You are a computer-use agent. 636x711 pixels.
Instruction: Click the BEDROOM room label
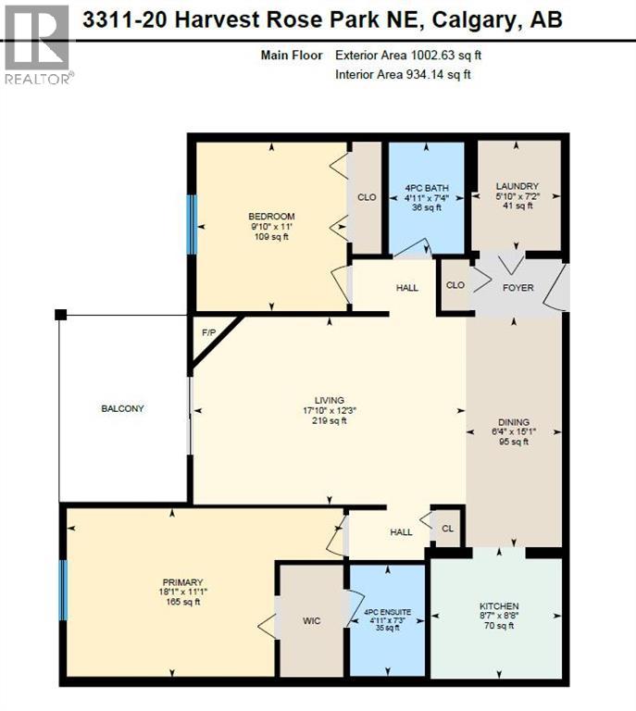coord(271,217)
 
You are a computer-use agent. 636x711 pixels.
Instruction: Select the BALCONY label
coord(123,408)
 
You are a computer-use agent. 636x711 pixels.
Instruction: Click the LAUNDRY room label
coord(517,186)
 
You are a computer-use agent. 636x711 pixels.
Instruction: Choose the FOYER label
coord(518,288)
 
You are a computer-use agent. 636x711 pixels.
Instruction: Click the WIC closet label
coord(312,620)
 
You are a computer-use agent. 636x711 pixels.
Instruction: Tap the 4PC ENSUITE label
coord(387,613)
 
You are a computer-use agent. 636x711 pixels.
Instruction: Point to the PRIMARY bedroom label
coord(181,582)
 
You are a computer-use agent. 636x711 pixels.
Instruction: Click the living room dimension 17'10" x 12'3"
coord(330,410)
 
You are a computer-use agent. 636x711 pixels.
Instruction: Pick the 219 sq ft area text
coord(330,420)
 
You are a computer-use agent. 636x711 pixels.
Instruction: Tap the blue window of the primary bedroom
coord(64,590)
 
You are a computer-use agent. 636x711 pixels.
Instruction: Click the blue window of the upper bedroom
coord(193,224)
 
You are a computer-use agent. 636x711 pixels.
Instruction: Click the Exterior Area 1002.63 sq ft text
coord(408,56)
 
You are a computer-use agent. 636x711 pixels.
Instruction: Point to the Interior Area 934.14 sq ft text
coord(404,74)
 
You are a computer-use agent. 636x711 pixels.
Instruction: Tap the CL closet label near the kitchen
coord(447,530)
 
